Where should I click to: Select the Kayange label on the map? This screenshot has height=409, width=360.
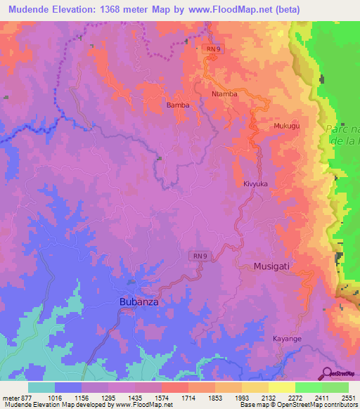tap(287, 339)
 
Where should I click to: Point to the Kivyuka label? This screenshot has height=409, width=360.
tap(256, 183)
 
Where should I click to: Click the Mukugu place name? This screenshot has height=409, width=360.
tap(286, 126)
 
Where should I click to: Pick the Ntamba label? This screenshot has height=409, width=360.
tap(224, 93)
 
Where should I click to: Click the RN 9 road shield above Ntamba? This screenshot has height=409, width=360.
tap(213, 49)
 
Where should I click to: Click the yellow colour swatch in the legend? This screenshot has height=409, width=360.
tap(281, 387)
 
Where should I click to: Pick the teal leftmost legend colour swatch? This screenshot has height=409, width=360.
tap(41, 387)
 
